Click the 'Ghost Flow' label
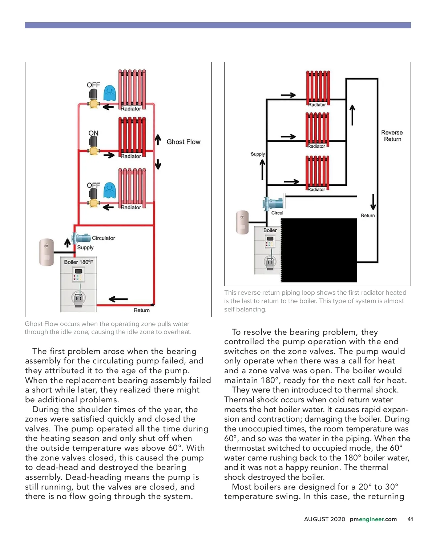pos(183,142)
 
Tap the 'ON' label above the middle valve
pos(93,133)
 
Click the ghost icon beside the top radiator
pos(109,93)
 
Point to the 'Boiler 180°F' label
pos(78,262)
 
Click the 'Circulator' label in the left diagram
pos(103,238)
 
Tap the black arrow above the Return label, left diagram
pos(118,299)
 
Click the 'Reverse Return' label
pos(392,136)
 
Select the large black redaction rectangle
pos(319,250)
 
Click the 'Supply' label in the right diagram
pos(258,154)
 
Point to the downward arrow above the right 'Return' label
pos(373,202)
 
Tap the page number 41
pos(410,519)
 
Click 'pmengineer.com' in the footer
pos(373,519)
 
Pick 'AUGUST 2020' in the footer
pos(324,519)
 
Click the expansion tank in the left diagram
pos(47,252)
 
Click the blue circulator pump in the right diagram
pos(273,203)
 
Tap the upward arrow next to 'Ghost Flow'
pos(158,140)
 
